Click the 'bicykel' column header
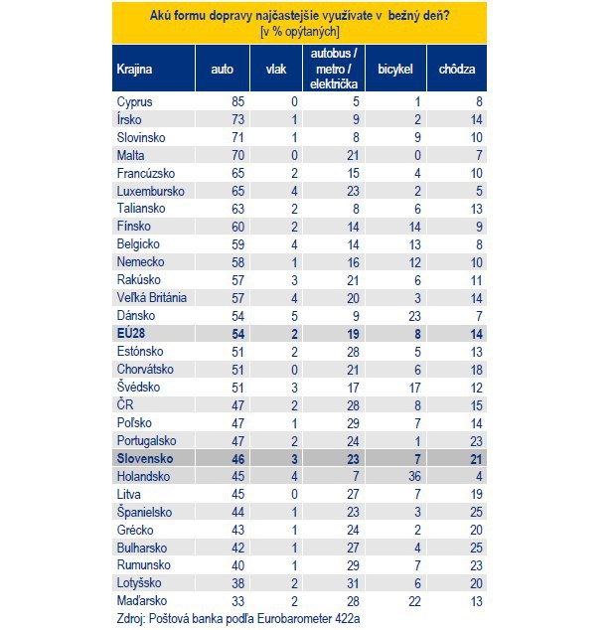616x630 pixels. pyautogui.click(x=395, y=70)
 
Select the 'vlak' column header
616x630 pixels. pyautogui.click(x=276, y=70)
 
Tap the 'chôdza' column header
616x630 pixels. pyautogui.click(x=457, y=70)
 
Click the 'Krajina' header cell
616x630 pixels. pyautogui.click(x=134, y=70)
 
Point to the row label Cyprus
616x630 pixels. pyautogui.click(x=134, y=102)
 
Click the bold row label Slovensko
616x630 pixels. pyautogui.click(x=145, y=458)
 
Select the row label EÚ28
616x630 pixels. pyautogui.click(x=131, y=333)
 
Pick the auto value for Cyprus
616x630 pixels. pyautogui.click(x=237, y=101)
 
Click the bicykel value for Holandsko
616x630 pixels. pyautogui.click(x=414, y=477)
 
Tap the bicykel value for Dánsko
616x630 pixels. pyautogui.click(x=414, y=316)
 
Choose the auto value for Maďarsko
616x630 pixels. pyautogui.click(x=237, y=601)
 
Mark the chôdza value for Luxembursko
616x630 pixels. pyautogui.click(x=479, y=191)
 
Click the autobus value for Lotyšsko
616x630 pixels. pyautogui.click(x=353, y=583)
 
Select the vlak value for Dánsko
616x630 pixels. pyautogui.click(x=294, y=316)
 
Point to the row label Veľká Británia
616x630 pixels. pyautogui.click(x=152, y=298)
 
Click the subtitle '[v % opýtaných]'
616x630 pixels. pyautogui.click(x=300, y=32)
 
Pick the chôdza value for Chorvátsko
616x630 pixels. pyautogui.click(x=476, y=370)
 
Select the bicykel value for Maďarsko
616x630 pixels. pyautogui.click(x=414, y=601)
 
